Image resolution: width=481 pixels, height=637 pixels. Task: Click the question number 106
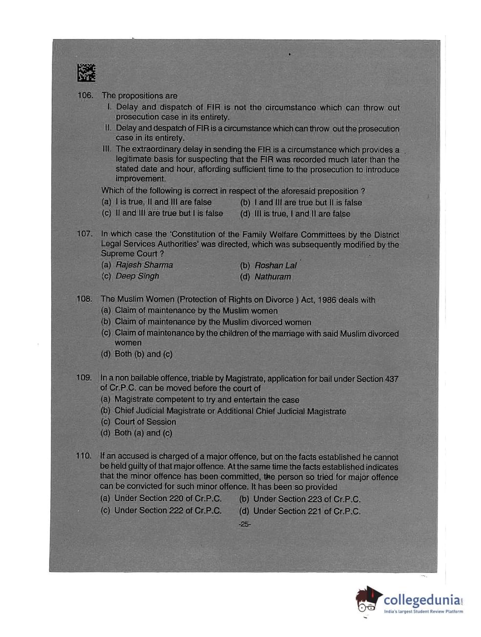85,95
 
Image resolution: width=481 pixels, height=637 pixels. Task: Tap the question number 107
84,234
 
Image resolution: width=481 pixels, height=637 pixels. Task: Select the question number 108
84,299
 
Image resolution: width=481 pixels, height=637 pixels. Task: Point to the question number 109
84,377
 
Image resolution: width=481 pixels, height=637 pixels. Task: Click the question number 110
83,456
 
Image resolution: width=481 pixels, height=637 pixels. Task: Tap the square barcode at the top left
86,73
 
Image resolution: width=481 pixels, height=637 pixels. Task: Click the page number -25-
244,524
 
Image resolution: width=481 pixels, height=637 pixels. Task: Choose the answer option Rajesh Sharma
144,265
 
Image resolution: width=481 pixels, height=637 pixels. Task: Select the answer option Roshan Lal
275,265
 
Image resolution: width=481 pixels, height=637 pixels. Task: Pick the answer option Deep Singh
137,276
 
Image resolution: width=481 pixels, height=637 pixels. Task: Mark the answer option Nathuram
272,277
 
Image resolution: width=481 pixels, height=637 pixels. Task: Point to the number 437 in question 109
391,379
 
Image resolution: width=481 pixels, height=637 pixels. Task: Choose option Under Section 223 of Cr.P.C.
306,499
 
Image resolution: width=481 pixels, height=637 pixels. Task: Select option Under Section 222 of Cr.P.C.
168,510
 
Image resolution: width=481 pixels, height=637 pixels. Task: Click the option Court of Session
145,422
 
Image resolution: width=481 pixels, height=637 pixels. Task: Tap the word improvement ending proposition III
141,178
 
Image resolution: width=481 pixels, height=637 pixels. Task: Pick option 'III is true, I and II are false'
302,214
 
